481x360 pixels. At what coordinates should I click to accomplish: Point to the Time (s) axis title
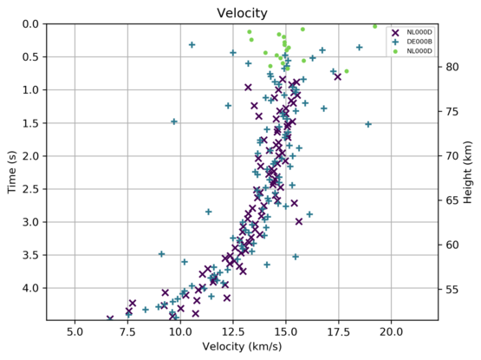[13, 171]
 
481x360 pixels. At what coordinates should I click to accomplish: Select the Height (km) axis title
[468, 171]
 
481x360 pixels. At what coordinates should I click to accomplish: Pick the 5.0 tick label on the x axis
[75, 331]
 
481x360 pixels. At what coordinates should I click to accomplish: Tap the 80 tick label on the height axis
[450, 67]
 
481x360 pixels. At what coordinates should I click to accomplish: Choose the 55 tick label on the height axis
[450, 289]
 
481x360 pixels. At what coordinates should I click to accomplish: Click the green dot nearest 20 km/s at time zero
[374, 26]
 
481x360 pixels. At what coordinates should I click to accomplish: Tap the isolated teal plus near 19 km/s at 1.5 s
[368, 124]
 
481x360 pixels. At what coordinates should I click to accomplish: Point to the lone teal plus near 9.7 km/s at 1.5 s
[174, 121]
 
